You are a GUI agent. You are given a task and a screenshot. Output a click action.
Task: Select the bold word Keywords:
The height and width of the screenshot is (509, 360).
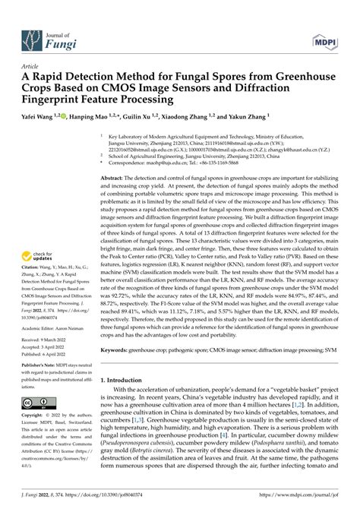click(117, 350)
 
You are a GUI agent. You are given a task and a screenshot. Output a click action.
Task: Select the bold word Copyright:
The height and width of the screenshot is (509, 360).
click(33, 416)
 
